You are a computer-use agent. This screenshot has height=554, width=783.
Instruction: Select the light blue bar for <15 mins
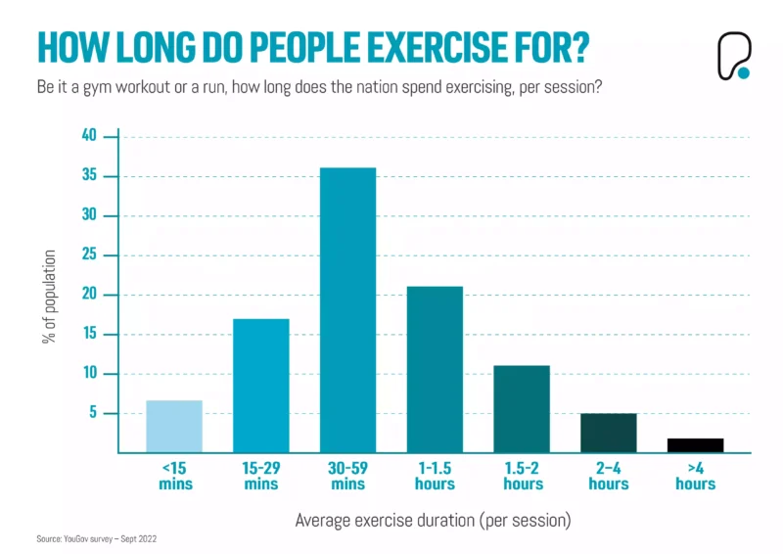[173, 427]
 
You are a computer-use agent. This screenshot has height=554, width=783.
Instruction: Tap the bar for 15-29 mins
[260, 386]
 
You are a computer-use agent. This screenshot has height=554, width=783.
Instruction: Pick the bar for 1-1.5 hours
[435, 369]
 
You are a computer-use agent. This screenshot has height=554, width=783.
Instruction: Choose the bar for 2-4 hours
[609, 433]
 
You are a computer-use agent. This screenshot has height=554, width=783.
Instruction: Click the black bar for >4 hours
[695, 445]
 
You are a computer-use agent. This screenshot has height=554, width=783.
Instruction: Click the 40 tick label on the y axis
[90, 136]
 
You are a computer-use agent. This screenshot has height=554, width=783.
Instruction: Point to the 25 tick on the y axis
[90, 254]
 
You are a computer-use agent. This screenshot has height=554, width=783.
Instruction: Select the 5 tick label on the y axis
[94, 413]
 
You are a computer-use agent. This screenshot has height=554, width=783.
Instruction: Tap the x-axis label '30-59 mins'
[347, 476]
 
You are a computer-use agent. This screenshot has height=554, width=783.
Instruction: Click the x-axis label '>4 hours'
[695, 476]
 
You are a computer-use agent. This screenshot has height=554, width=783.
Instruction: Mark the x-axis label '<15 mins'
[173, 476]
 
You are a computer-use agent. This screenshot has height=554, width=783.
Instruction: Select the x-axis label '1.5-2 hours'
[522, 476]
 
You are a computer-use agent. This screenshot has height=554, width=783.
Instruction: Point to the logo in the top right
[732, 55]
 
